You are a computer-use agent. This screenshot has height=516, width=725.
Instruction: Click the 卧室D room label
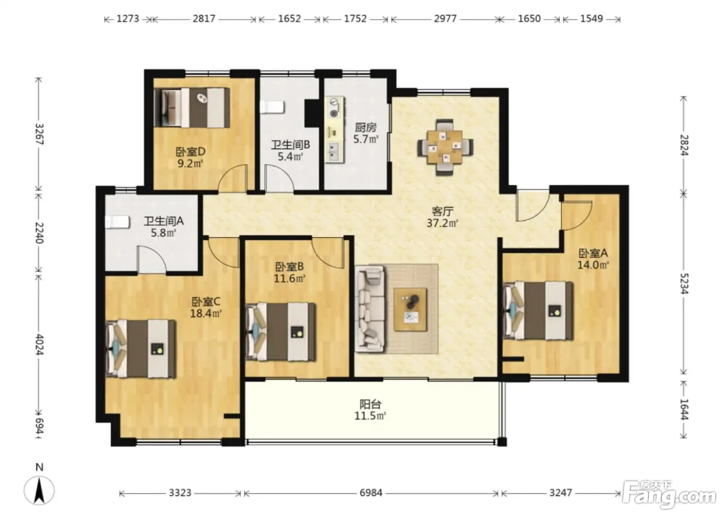pyautogui.click(x=191, y=151)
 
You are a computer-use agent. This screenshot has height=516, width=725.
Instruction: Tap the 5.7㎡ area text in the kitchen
pyautogui.click(x=366, y=139)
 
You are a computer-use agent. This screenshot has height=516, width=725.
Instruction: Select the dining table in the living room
pyautogui.click(x=445, y=147)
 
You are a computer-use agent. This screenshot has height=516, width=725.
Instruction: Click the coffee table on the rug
pyautogui.click(x=410, y=309)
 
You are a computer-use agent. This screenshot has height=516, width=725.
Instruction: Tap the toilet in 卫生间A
pyautogui.click(x=117, y=222)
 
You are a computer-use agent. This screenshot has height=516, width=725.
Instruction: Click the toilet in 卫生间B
pyautogui.click(x=272, y=107)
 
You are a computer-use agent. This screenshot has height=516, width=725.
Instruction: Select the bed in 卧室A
pyautogui.click(x=538, y=311)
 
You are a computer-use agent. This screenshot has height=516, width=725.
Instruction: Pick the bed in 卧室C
pyautogui.click(x=140, y=349)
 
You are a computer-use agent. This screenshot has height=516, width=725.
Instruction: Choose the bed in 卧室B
pyautogui.click(x=280, y=332)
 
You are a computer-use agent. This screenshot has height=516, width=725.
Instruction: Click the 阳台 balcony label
pyautogui.click(x=370, y=404)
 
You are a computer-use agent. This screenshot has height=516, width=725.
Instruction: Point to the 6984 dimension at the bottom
pyautogui.click(x=371, y=493)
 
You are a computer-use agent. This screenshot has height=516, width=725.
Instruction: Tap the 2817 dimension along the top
pyautogui.click(x=204, y=19)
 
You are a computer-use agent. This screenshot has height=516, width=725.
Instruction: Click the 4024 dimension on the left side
pyautogui.click(x=39, y=345)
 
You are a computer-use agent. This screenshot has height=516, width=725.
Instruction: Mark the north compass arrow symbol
pyautogui.click(x=39, y=491)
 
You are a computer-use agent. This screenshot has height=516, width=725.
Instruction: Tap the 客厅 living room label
pyautogui.click(x=442, y=211)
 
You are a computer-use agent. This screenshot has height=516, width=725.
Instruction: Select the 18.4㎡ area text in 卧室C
pyautogui.click(x=206, y=313)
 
